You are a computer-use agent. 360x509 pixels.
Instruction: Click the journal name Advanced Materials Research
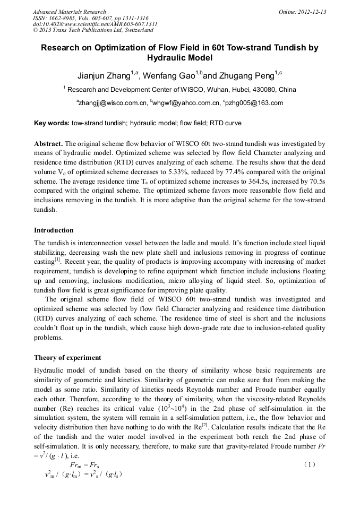[x=69, y=12]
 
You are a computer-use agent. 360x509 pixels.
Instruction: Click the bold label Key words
[x=52, y=123]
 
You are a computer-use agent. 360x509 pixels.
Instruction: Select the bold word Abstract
[x=48, y=144]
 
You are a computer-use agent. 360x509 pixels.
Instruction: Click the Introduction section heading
[x=54, y=230]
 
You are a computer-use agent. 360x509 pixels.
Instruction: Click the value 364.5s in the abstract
[x=229, y=183]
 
